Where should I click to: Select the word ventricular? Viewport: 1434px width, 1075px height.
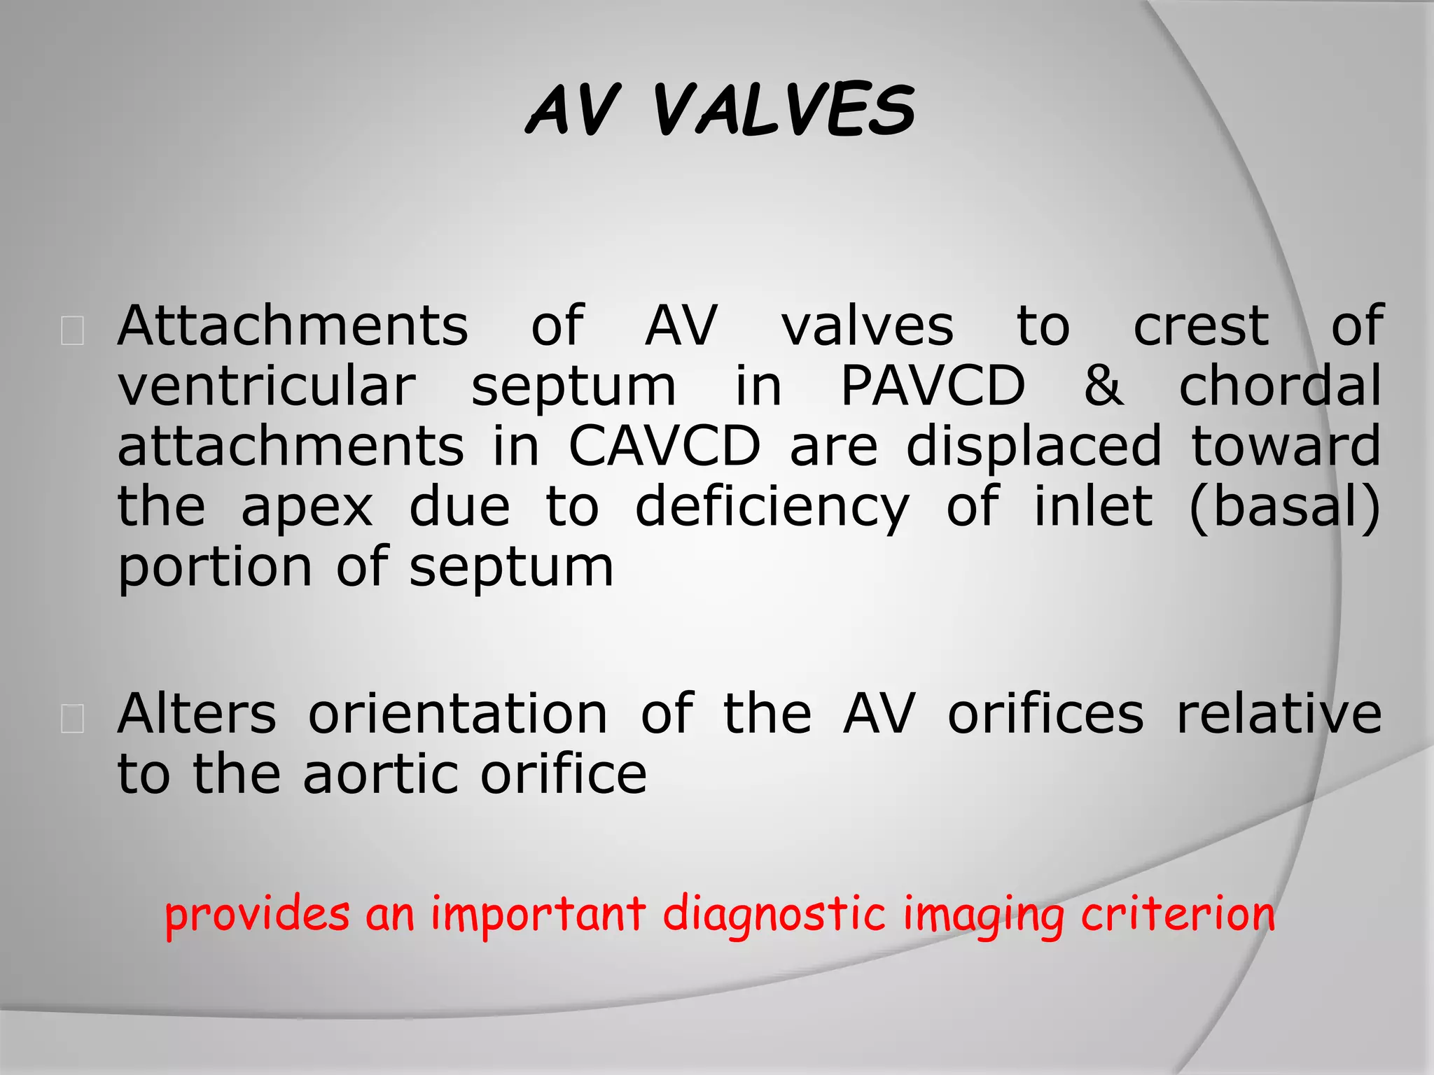[267, 386]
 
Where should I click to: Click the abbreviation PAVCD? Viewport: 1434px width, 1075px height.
[933, 386]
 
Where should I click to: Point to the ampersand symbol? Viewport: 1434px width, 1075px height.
[1103, 386]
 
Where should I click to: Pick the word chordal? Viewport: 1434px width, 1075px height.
[1280, 386]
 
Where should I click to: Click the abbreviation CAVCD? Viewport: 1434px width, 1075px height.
[664, 447]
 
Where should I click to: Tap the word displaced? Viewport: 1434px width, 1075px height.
[1033, 447]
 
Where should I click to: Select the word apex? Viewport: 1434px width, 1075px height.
[307, 507]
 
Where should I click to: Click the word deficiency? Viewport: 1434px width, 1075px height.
[772, 508]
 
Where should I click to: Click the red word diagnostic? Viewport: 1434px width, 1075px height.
[774, 915]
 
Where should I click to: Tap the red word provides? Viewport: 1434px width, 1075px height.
[257, 915]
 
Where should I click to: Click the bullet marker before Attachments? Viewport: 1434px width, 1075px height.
[73, 330]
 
